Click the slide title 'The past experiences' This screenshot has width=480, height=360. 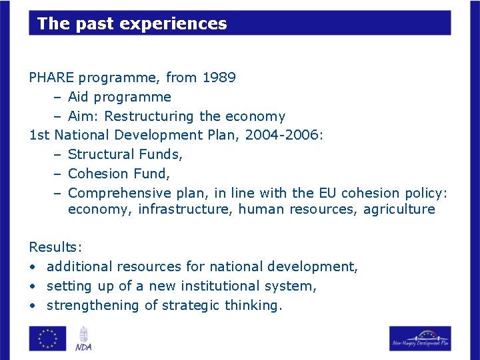(132, 24)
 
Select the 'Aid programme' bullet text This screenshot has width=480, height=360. (119, 97)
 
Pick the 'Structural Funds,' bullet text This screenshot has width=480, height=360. (125, 154)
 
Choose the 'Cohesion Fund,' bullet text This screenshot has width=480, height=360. (119, 174)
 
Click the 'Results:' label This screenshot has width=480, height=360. (55, 247)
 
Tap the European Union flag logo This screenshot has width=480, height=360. (47, 338)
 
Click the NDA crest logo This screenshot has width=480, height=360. (83, 338)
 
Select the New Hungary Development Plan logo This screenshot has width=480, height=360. (420, 338)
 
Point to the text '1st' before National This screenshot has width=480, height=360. (39, 135)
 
